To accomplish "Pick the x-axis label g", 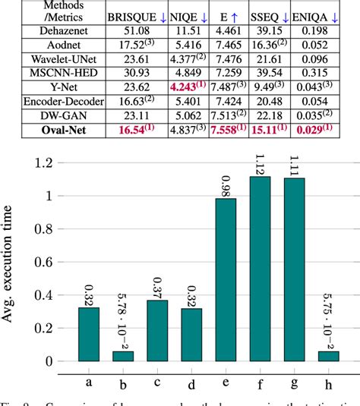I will tap(292, 378).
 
